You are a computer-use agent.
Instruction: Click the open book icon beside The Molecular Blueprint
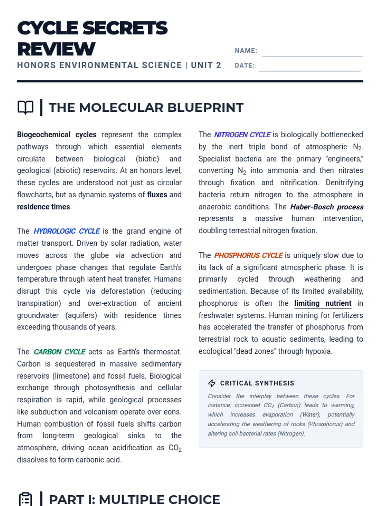25,108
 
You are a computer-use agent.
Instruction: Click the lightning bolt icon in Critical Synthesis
212,383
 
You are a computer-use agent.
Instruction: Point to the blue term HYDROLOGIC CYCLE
67,231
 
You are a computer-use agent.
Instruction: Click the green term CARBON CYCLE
60,352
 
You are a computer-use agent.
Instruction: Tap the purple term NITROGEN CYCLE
242,135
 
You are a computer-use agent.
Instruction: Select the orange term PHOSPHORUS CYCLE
249,256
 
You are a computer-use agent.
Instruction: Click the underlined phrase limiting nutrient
323,303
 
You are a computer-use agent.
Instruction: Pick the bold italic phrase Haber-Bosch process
327,207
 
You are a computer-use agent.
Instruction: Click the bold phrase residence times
43,207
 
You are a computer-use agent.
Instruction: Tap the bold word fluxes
157,195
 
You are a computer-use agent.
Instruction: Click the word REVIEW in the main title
56,49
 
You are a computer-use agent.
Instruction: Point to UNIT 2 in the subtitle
206,65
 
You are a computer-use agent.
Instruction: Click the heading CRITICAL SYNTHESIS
257,383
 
